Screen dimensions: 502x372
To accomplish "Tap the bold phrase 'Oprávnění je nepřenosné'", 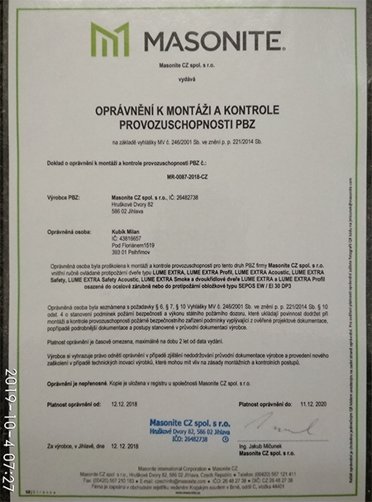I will click(71, 385).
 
